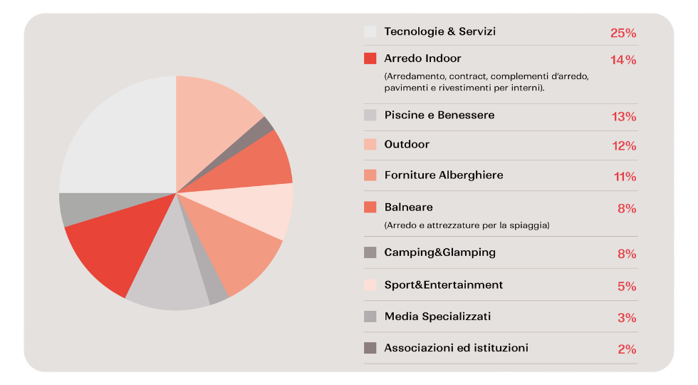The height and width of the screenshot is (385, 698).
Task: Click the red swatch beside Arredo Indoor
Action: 370,58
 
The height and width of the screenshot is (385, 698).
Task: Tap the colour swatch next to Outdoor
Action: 370,144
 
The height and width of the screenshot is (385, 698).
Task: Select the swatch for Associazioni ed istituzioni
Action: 370,348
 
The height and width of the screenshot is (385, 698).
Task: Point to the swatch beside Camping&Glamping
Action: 370,252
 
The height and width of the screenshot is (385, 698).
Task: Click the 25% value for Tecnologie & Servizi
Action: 623,33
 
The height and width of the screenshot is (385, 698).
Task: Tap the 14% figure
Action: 623,60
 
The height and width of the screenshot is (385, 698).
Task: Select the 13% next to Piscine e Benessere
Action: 624,117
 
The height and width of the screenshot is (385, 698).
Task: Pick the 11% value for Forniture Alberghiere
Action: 625,177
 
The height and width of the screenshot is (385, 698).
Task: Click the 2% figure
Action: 627,349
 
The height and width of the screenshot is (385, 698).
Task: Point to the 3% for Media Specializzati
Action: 627,318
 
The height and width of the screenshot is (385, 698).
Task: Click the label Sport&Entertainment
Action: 443,284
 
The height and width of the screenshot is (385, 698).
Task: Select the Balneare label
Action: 409,207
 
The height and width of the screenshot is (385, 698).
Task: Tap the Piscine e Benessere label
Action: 439,115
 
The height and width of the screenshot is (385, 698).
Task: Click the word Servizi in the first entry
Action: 477,31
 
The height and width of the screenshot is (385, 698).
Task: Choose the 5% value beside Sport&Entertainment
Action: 627,287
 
